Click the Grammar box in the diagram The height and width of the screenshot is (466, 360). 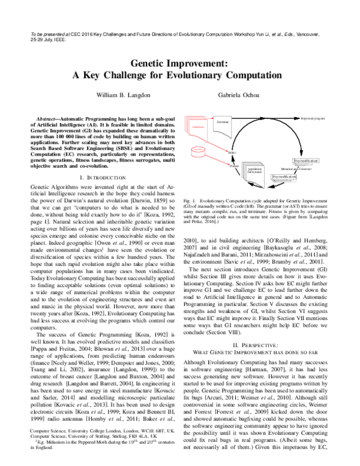(x=223, y=122)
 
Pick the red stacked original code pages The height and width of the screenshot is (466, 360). (x=199, y=127)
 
